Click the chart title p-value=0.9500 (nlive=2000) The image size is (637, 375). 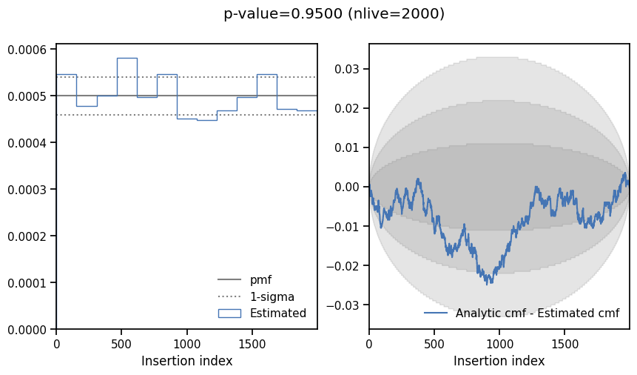point(334,14)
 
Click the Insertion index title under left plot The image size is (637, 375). point(186,361)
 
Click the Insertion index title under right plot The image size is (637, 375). point(499,361)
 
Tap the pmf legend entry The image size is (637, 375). point(260,280)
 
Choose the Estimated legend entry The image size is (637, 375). point(277,313)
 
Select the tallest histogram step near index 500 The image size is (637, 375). point(127,59)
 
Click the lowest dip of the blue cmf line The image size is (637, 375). point(488,283)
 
